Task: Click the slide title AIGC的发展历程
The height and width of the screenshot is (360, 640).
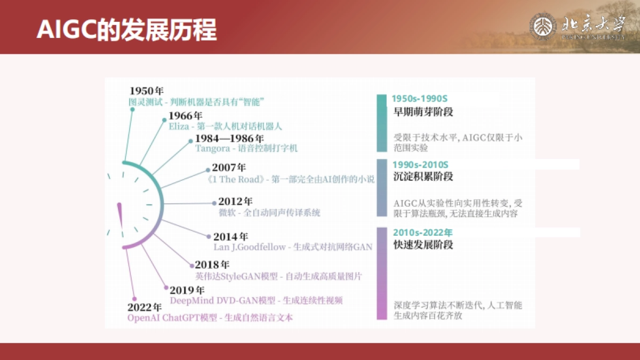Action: click(x=126, y=30)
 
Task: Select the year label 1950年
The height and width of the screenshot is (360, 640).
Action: click(x=146, y=91)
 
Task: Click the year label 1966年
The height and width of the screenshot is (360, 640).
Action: click(x=186, y=116)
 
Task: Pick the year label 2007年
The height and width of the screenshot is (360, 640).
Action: click(x=229, y=167)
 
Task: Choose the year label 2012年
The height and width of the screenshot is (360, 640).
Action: click(x=235, y=202)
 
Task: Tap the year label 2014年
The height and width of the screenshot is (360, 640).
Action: click(x=230, y=236)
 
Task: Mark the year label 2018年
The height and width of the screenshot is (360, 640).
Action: click(x=212, y=265)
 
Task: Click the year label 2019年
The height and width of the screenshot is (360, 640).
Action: click(x=187, y=291)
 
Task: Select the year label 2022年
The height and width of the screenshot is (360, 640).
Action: click(x=145, y=307)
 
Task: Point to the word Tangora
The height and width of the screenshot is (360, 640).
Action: click(x=212, y=148)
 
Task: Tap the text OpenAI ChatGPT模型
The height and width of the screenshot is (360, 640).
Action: click(x=172, y=318)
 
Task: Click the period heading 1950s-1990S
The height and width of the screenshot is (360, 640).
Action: click(x=420, y=99)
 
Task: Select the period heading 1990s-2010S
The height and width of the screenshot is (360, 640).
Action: click(x=420, y=165)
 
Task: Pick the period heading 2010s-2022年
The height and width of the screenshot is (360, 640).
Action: click(x=422, y=233)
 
